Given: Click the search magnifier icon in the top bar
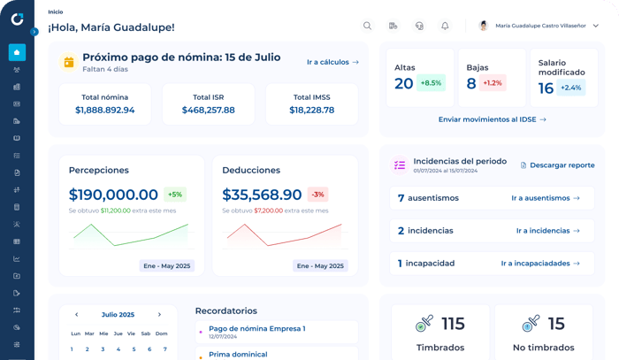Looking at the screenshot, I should (x=367, y=26).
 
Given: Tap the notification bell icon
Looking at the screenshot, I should (x=445, y=26).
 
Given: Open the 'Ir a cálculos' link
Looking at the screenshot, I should (x=332, y=62).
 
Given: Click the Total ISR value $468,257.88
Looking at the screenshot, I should (x=208, y=111).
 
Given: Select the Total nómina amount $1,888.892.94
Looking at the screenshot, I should (x=105, y=111).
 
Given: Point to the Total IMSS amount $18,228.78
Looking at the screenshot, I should (x=311, y=111).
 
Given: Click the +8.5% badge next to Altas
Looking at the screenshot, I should (x=431, y=83).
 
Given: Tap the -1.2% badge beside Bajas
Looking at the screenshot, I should (x=493, y=83).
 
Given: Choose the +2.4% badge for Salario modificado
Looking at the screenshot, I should (x=571, y=88).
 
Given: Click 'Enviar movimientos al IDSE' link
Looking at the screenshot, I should (x=492, y=119).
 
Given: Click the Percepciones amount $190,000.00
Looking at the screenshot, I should (x=113, y=195).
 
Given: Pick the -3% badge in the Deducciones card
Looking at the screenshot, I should (x=317, y=195).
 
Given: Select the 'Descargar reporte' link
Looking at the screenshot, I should (x=557, y=165).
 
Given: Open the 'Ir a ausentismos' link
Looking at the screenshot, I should (x=545, y=198).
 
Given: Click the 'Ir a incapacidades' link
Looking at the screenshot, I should (x=540, y=263).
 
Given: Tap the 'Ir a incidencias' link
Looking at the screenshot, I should (x=547, y=231).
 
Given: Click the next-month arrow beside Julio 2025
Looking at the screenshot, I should (x=159, y=315).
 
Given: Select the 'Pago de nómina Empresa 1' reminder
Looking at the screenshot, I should (x=256, y=328).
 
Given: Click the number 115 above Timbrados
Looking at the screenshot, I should (x=453, y=324).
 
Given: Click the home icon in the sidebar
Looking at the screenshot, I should (x=17, y=52).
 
